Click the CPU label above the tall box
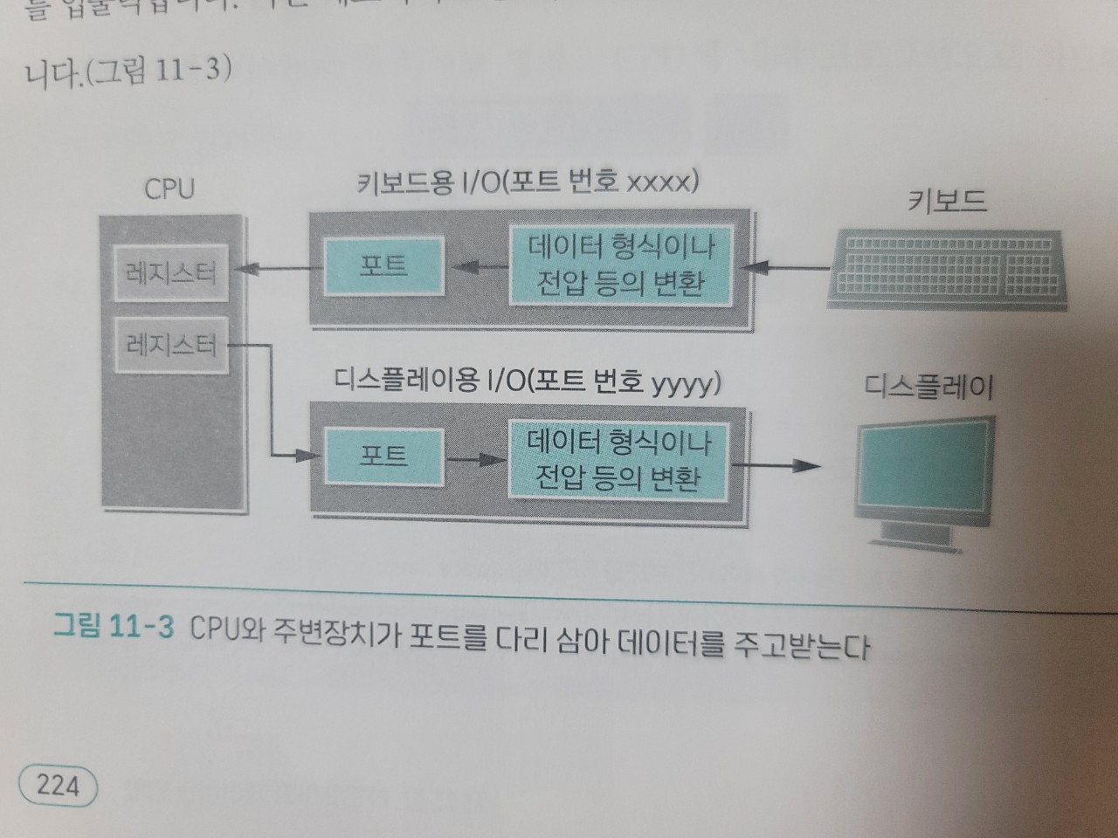pyautogui.click(x=169, y=188)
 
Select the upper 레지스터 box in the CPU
pyautogui.click(x=170, y=273)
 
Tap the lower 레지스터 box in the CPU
pyautogui.click(x=170, y=345)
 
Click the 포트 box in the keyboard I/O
pyautogui.click(x=383, y=265)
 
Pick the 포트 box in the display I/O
pyautogui.click(x=383, y=456)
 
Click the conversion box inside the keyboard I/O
pyautogui.click(x=619, y=265)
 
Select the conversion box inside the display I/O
pyautogui.click(x=618, y=460)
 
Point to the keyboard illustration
pyautogui.click(x=946, y=268)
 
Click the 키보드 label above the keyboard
pyautogui.click(x=947, y=202)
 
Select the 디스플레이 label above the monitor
pyautogui.click(x=928, y=386)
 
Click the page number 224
pyautogui.click(x=58, y=785)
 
